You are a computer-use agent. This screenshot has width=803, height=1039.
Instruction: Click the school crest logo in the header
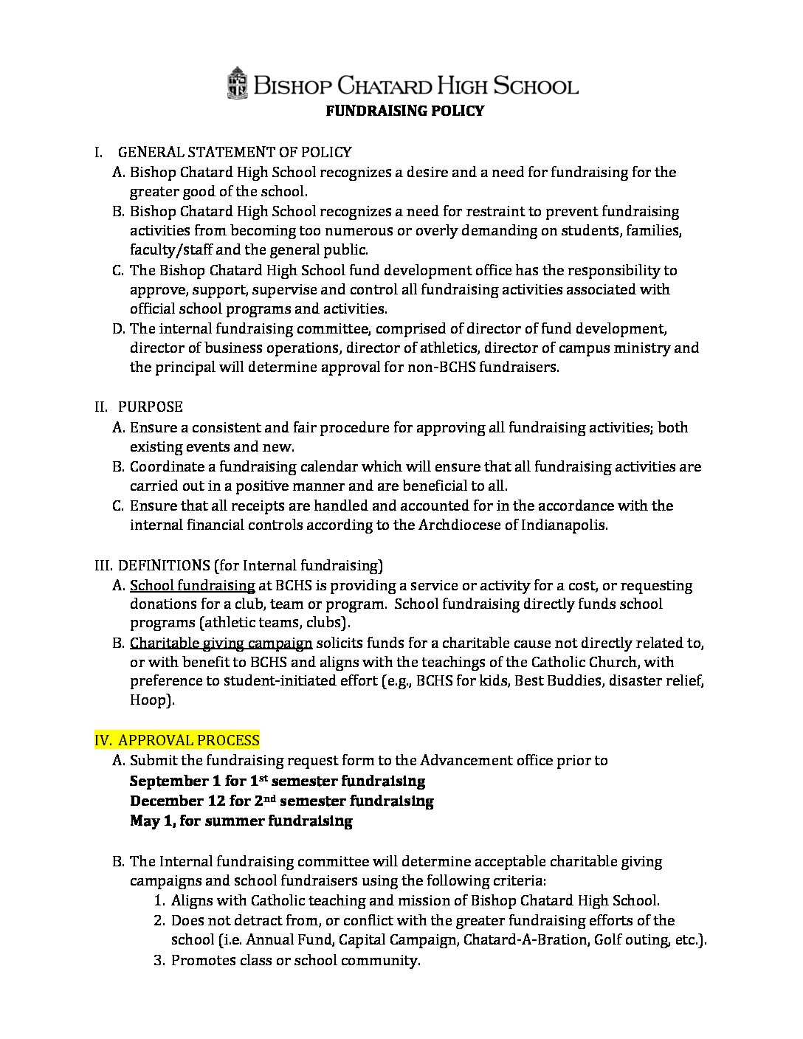(237, 83)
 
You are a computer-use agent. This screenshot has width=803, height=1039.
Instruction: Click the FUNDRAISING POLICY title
(405, 111)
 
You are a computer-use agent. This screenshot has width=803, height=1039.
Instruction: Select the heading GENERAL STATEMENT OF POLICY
(235, 152)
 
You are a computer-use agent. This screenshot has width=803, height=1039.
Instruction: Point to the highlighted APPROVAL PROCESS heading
(188, 740)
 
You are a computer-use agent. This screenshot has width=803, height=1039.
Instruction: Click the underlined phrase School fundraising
(192, 585)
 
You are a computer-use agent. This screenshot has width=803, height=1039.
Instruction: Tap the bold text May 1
(151, 821)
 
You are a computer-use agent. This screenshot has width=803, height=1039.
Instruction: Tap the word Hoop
(150, 700)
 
